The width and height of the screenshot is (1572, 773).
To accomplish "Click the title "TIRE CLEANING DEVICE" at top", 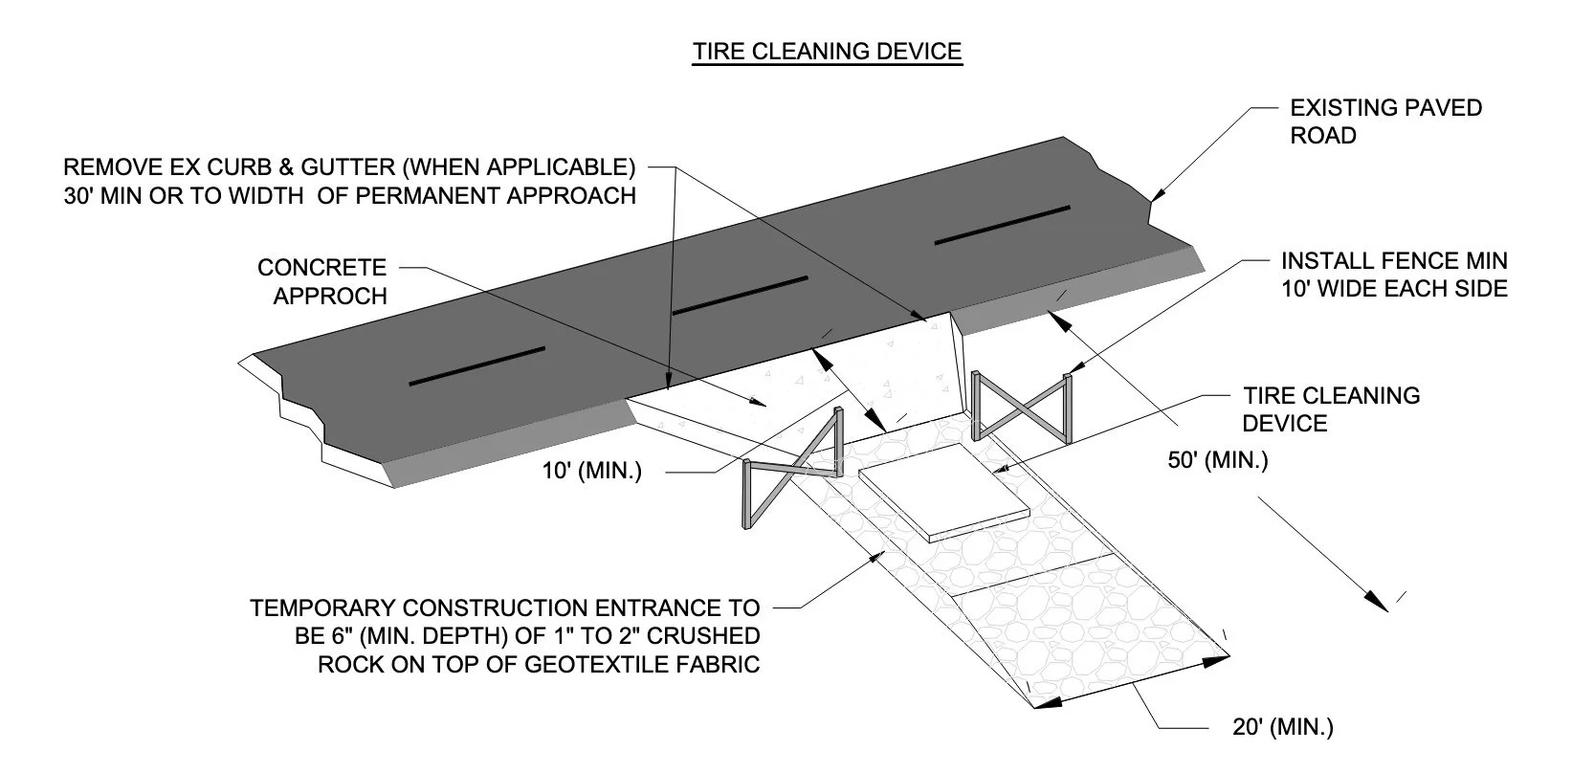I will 827,51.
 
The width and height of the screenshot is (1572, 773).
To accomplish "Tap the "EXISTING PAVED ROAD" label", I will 1384,121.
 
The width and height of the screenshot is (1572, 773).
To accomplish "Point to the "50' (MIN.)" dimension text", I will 1216,460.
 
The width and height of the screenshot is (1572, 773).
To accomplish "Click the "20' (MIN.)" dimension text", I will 1281,727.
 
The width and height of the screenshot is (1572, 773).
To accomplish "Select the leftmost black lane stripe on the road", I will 476,366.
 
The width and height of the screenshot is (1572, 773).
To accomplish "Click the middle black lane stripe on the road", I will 741,296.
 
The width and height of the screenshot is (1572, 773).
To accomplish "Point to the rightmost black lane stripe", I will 1002,225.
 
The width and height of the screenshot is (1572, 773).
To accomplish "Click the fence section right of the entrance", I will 1021,406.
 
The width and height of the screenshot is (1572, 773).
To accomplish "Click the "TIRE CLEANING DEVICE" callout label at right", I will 1330,409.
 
